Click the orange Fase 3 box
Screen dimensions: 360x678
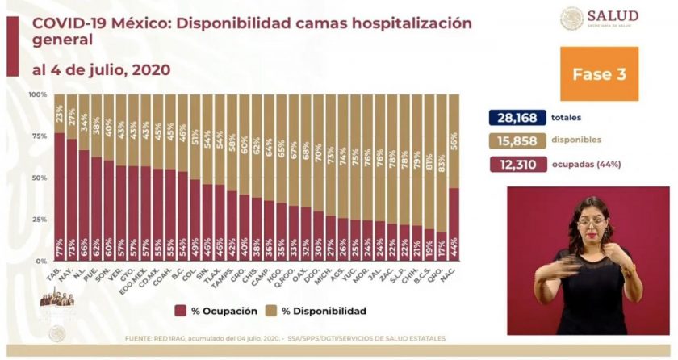(x=599, y=74)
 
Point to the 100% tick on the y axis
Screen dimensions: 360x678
(x=38, y=94)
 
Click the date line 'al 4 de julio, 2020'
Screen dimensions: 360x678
(x=102, y=69)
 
